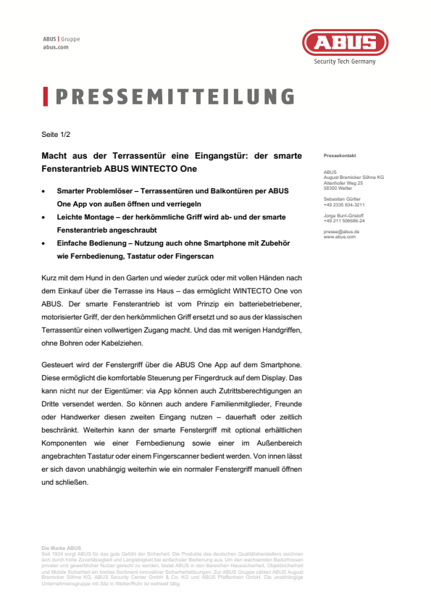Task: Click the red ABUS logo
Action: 344,42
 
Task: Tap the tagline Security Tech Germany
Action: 344,62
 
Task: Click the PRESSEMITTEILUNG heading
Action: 175,97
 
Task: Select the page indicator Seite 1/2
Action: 55,134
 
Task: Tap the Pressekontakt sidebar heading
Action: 339,156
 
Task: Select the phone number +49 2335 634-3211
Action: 344,205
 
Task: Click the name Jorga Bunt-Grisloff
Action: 344,215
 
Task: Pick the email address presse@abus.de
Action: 341,231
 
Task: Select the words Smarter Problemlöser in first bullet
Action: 89,191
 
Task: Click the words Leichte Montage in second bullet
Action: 83,217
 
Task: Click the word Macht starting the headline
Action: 53,155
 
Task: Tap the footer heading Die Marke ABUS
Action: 62,548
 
